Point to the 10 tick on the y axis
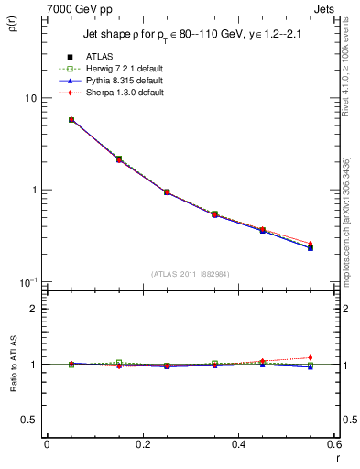point(29,98)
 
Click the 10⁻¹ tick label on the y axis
point(27,281)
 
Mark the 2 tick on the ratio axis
point(33,309)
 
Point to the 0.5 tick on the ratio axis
point(29,420)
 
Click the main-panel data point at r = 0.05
point(71,119)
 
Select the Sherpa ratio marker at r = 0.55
point(311,357)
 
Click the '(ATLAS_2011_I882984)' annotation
point(191,274)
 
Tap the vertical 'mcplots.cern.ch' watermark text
point(350,246)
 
